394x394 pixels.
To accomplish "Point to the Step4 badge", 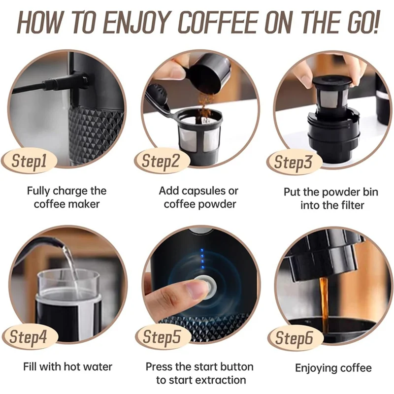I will click(x=30, y=337).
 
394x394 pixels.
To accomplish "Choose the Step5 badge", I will click(x=161, y=337).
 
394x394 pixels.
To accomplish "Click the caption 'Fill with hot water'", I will click(x=68, y=367).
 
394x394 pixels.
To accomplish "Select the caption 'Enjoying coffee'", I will click(x=333, y=368).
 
